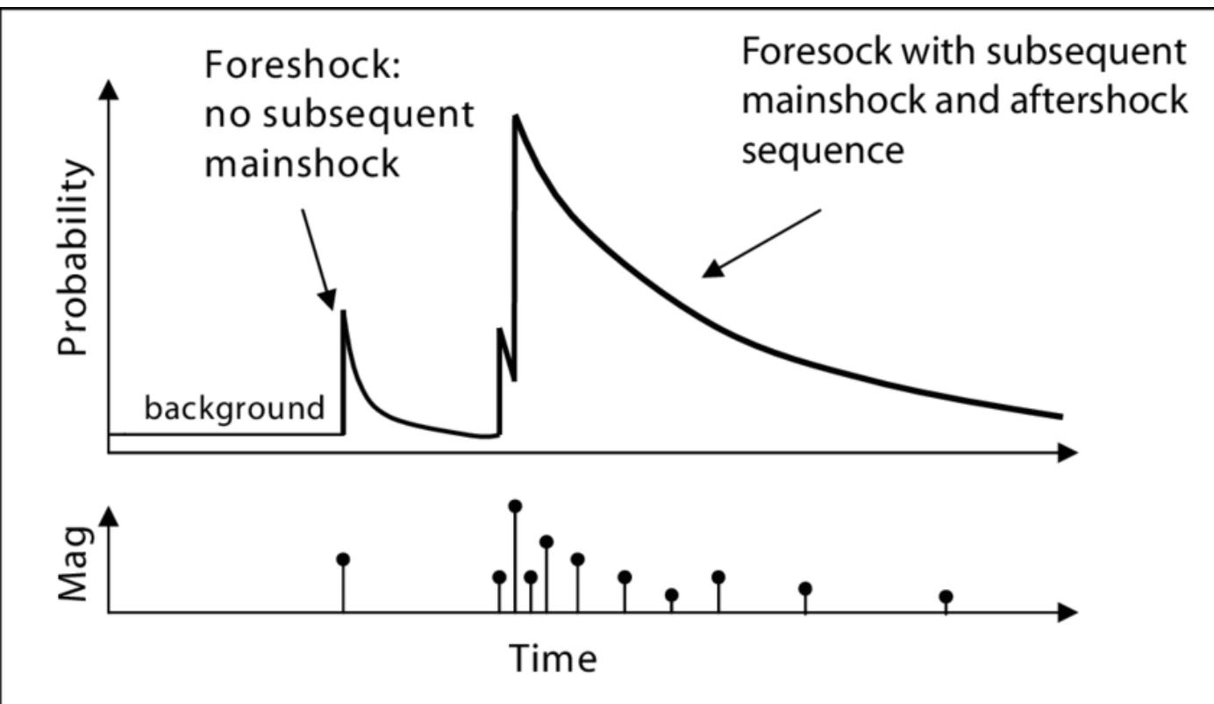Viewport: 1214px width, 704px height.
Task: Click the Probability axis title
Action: click(x=74, y=256)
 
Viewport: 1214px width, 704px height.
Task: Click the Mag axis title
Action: click(x=75, y=562)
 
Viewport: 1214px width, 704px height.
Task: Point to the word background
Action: click(x=233, y=408)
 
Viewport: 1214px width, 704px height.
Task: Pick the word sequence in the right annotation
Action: click(x=823, y=151)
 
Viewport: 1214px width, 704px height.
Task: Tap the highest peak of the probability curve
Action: click(x=516, y=117)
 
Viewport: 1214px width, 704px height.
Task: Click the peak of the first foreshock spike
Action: click(x=343, y=312)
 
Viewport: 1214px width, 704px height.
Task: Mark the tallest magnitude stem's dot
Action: click(x=515, y=506)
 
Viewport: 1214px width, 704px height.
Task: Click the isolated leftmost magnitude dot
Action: click(x=343, y=559)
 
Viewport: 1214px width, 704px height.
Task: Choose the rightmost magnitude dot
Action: click(x=946, y=597)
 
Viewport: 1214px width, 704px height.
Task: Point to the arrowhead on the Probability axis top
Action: click(x=109, y=86)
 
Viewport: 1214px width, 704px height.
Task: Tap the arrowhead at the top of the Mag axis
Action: click(x=109, y=515)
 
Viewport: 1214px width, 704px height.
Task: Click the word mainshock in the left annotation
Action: click(x=302, y=163)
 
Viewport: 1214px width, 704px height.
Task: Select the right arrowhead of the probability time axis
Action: click(x=1068, y=453)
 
